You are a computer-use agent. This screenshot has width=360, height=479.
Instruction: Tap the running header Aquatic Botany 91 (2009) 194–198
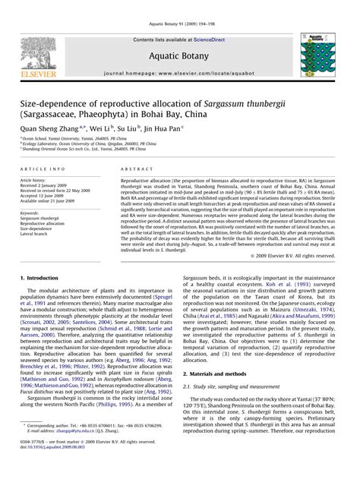(x=180, y=5)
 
